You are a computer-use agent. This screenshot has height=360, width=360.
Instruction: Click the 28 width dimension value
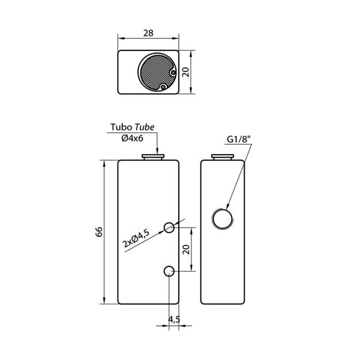(148, 34)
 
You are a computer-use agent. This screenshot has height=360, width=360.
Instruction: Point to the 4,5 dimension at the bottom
(173, 319)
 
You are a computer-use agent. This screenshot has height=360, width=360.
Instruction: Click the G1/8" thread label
(238, 140)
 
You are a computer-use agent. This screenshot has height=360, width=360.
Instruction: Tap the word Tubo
(121, 127)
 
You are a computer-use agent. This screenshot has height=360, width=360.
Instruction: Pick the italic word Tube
(145, 127)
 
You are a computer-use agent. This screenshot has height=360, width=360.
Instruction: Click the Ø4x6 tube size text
(133, 138)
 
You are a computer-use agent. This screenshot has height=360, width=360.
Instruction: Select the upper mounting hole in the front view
(169, 227)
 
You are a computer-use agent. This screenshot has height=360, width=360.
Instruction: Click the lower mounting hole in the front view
(169, 271)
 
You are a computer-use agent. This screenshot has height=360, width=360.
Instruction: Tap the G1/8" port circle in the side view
(223, 218)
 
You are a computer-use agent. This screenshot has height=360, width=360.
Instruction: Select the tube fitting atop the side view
(223, 157)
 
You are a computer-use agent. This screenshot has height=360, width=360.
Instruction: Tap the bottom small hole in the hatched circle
(163, 87)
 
